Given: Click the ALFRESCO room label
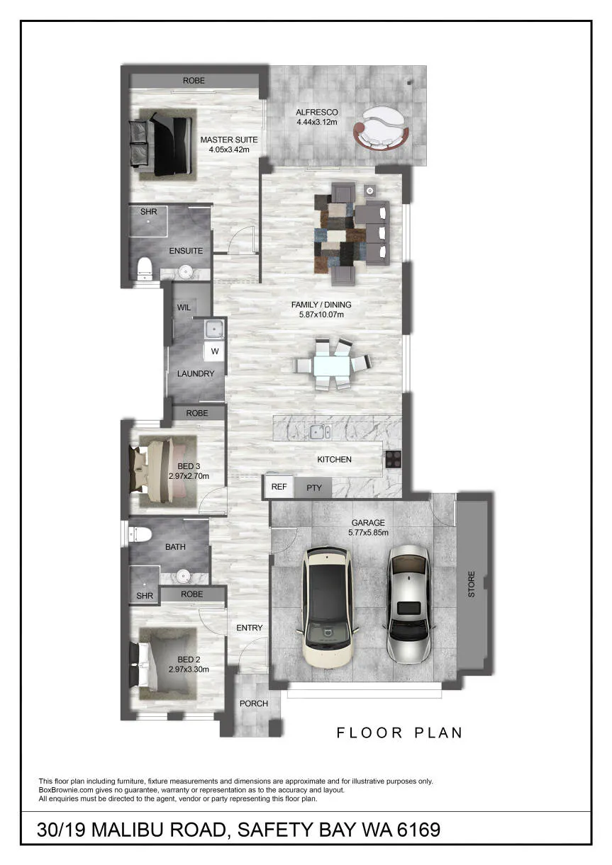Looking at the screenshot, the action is click(x=316, y=113).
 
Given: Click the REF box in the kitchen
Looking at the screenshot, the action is click(x=279, y=487).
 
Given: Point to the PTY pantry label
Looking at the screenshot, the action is click(x=314, y=487).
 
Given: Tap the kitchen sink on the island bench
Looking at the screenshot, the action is click(x=320, y=431).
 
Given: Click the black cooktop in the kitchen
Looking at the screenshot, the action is click(x=393, y=459).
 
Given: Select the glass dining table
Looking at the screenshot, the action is click(x=332, y=364).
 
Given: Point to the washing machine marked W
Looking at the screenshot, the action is click(x=214, y=351).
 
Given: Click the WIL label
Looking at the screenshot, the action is click(x=184, y=307).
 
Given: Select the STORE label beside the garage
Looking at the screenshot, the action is click(x=472, y=584).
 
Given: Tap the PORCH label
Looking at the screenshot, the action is click(x=254, y=703).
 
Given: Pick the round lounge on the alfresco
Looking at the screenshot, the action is click(x=381, y=128).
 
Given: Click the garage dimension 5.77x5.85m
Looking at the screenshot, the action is click(x=368, y=533).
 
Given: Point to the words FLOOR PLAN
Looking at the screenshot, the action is click(x=399, y=733).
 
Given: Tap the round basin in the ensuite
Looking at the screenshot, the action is click(x=187, y=272).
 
